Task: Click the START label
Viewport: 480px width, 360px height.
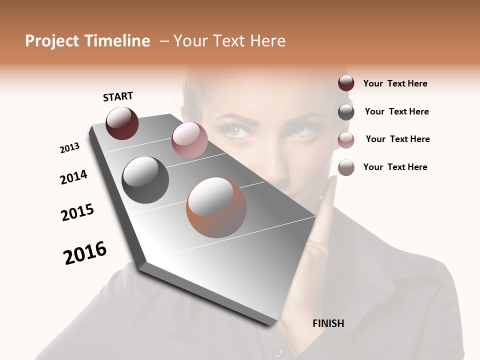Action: pos(118,96)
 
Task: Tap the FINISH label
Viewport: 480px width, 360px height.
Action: pos(328,323)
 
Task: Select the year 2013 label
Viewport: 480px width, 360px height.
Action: pos(69,148)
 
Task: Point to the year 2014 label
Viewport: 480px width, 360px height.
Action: pos(73,177)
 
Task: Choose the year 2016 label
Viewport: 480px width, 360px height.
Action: pos(85,253)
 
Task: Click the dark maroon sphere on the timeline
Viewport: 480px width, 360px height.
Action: pos(122,123)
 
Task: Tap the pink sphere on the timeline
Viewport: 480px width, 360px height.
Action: pos(189,140)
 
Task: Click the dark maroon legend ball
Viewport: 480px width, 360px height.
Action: pos(346,83)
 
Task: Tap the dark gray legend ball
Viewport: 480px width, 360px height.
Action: pos(346,112)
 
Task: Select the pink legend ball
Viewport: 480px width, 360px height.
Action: pos(346,140)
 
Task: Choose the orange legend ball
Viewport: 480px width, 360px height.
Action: pos(346,167)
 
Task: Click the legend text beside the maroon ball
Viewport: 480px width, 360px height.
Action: pos(395,84)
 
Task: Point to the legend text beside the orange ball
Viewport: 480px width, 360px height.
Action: pos(395,167)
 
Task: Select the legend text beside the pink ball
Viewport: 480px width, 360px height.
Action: pos(397,139)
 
